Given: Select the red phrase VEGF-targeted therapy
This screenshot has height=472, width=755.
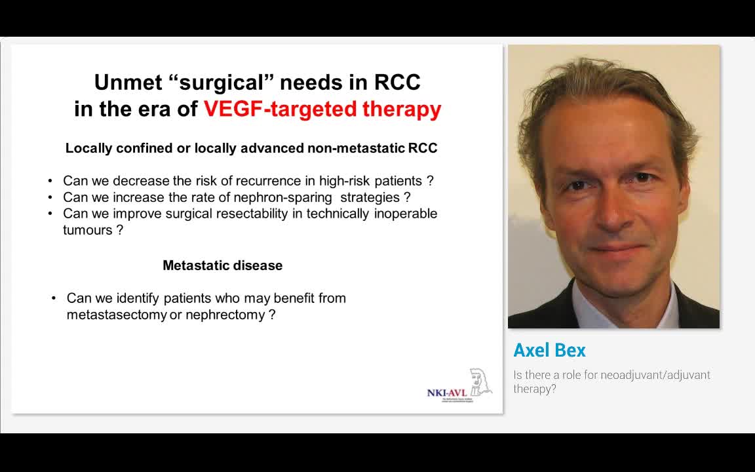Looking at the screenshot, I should coord(322,109).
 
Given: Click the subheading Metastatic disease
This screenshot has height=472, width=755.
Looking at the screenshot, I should coord(222,265).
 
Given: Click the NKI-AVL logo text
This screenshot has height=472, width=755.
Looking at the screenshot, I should coord(446,393).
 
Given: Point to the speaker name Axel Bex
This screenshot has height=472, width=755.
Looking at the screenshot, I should coord(549,351).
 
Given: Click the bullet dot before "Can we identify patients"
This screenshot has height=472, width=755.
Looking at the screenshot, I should coord(54,299).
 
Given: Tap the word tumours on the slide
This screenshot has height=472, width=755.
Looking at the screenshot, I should coord(88,230).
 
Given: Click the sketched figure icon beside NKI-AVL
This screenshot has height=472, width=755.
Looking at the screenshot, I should coord(480,382).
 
